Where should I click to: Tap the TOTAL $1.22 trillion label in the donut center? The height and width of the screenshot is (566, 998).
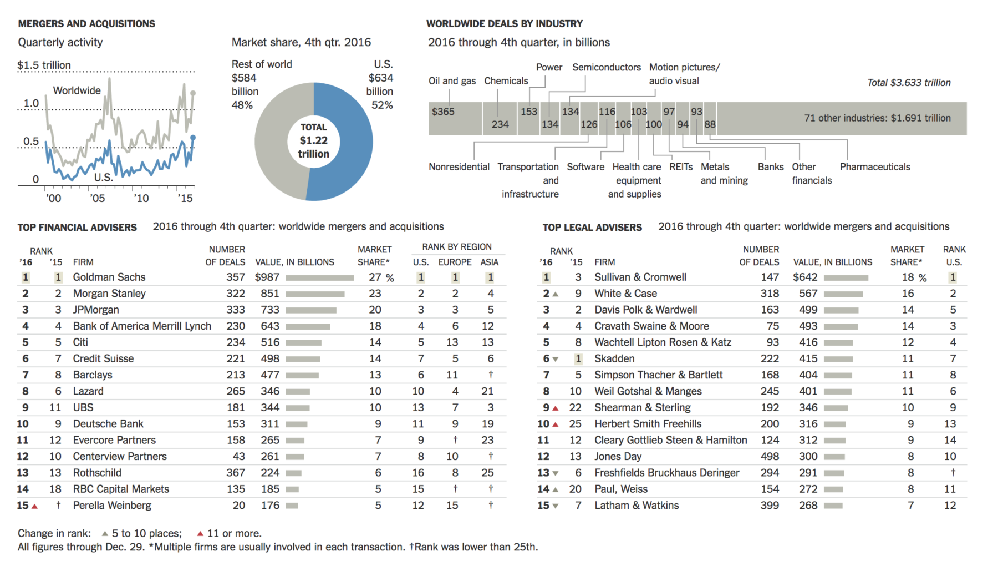point(314,140)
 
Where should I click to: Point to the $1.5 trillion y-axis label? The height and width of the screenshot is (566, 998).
point(44,65)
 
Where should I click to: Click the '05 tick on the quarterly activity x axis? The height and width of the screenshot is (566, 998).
point(97,198)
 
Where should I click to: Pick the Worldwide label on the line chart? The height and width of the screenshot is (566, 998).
point(77,90)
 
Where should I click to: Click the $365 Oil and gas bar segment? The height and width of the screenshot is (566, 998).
point(455,118)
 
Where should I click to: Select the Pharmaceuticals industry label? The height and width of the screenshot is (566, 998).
point(874,167)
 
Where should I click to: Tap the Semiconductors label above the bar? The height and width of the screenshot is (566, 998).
point(606,67)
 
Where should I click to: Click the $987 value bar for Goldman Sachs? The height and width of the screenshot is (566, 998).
point(319,277)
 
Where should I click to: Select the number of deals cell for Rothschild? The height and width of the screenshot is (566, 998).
point(235,473)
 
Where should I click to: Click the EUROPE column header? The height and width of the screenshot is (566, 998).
point(455,262)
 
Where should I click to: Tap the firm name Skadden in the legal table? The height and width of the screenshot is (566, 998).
point(614,358)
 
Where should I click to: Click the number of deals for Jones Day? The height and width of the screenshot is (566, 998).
point(770,456)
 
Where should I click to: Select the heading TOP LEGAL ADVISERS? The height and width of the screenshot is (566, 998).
point(592,228)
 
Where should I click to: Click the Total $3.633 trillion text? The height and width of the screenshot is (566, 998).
point(909,83)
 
